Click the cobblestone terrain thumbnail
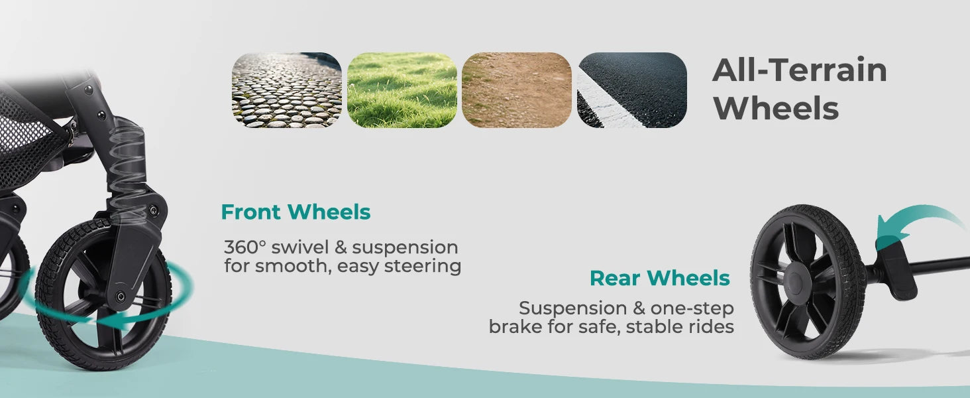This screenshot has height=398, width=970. click(287, 90)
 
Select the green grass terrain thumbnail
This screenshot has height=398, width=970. click(402, 90)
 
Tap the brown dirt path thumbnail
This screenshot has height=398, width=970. click(517, 90)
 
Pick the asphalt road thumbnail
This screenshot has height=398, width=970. click(632, 90)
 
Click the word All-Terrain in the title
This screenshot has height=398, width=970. click(800, 70)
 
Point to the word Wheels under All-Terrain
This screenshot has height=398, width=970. click(776, 108)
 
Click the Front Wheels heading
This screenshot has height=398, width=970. click(296, 212)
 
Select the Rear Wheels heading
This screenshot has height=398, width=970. click(660, 278)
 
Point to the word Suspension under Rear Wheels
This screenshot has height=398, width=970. click(573, 308)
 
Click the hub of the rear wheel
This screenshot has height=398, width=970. click(797, 280)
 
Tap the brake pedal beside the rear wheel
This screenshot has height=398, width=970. click(896, 268)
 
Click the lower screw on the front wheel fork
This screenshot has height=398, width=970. click(121, 297)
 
